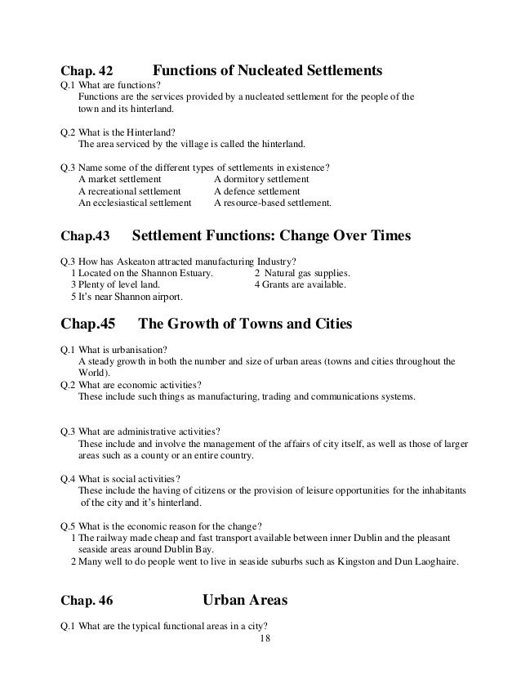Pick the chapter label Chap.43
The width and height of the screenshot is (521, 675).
(84, 238)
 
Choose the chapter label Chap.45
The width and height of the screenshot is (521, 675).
(89, 324)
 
